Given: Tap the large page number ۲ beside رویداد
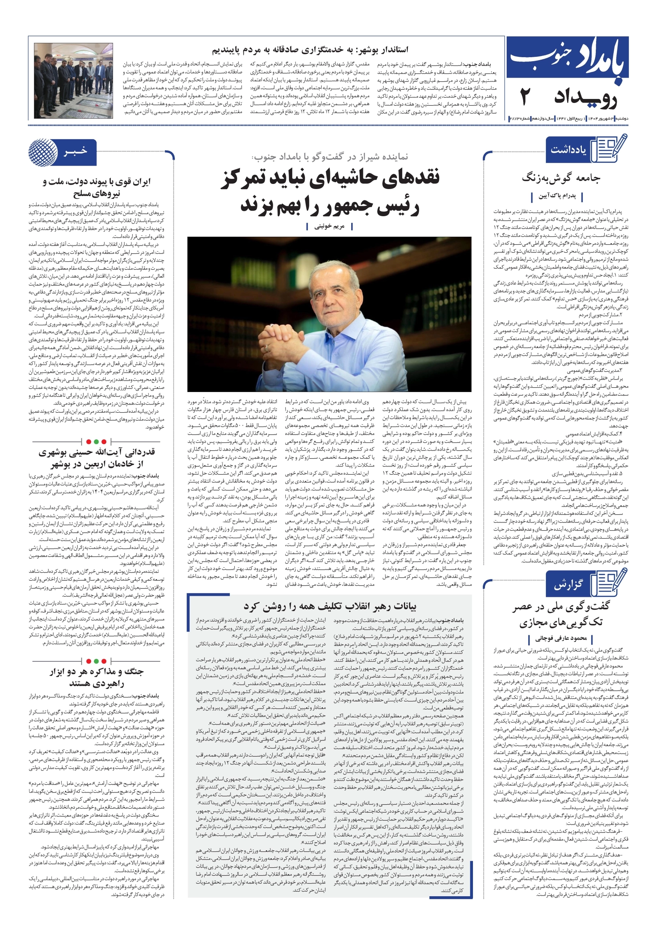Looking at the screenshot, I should [x=526, y=97].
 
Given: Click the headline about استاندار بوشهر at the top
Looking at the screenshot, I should [x=310, y=50].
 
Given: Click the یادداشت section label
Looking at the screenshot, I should [x=568, y=149].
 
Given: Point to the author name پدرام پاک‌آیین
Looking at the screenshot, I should [x=557, y=196].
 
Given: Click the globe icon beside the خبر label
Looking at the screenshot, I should [x=43, y=152].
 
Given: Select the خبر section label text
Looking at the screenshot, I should [x=76, y=152].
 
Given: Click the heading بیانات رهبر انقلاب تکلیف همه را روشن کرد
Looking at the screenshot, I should [x=330, y=606].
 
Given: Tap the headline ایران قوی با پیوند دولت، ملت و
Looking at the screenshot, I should [x=97, y=181].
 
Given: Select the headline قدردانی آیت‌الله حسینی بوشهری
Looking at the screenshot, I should [x=97, y=452].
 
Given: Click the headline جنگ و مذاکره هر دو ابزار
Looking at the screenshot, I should [x=97, y=672].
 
